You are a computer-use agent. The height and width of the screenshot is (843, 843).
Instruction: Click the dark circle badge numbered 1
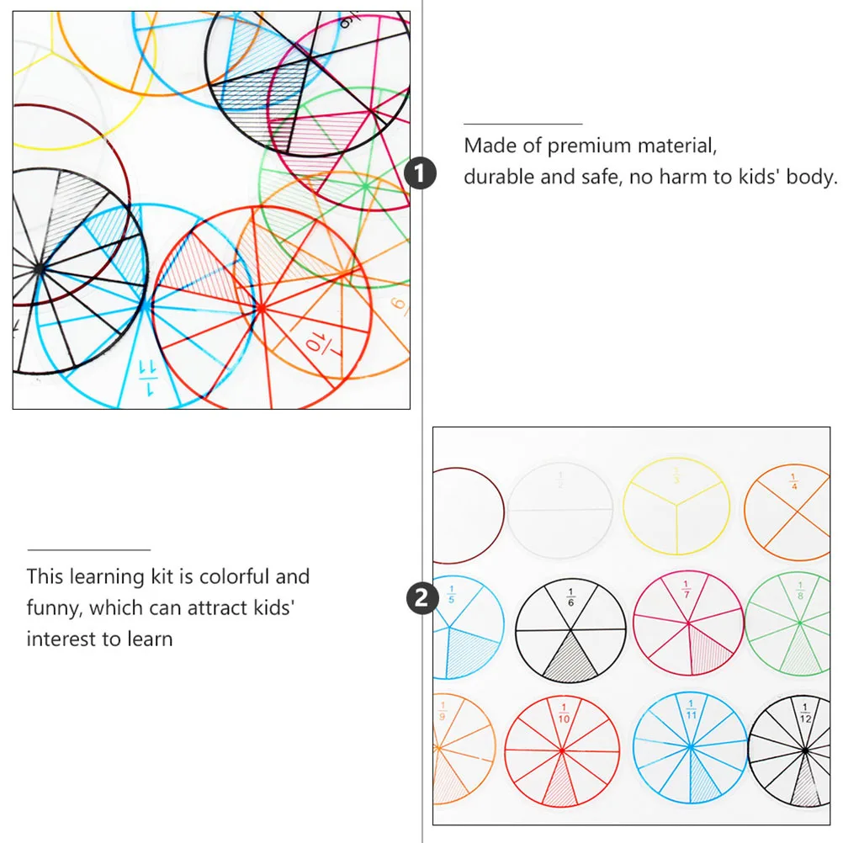click(420, 174)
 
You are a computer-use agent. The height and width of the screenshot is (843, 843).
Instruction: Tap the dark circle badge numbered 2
click(420, 599)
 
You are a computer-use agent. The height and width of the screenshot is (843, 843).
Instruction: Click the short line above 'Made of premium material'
click(522, 125)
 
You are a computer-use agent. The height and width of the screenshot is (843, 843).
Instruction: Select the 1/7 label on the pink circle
click(687, 589)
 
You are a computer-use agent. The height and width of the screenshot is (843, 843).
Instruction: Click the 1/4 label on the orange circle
click(793, 482)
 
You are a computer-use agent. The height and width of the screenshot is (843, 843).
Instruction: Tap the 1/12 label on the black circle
click(805, 713)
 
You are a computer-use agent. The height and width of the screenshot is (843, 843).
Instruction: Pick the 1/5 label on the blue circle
click(450, 593)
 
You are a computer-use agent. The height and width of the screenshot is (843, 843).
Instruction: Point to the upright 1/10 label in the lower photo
click(563, 713)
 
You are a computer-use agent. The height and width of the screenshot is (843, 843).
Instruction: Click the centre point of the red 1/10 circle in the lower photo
click(562, 749)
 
